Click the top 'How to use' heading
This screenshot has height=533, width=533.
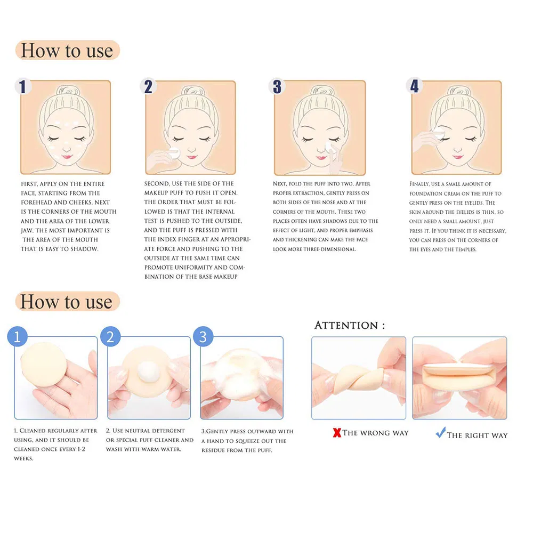(67, 51)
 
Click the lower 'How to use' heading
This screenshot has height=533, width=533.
(67, 302)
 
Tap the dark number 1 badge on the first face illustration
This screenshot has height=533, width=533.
(22, 86)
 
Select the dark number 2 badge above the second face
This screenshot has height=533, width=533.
(148, 86)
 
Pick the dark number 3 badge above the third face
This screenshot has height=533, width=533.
(277, 86)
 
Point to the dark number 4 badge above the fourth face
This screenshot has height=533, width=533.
(414, 86)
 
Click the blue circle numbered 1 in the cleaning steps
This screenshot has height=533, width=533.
(17, 337)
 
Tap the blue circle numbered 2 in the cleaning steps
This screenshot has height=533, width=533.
(110, 337)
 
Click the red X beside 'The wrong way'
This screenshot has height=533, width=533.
(337, 433)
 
